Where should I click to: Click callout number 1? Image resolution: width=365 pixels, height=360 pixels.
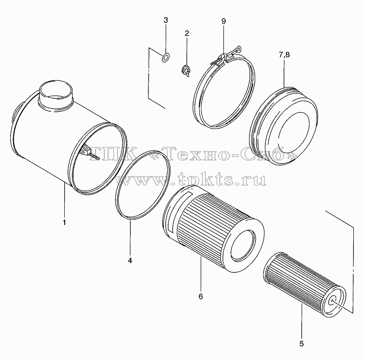(x=64, y=222)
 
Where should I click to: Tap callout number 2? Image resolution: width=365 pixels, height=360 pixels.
(x=187, y=34)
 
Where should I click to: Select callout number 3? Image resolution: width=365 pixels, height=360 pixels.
(x=166, y=20)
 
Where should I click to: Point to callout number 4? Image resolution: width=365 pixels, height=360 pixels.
(x=130, y=260)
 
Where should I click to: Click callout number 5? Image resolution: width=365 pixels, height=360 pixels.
(x=302, y=344)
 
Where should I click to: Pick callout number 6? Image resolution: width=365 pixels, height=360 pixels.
(x=201, y=296)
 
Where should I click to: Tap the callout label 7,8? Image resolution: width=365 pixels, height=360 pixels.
(x=284, y=55)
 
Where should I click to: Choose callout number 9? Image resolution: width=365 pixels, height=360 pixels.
(x=223, y=21)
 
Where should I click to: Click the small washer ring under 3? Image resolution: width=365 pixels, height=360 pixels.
(x=166, y=57)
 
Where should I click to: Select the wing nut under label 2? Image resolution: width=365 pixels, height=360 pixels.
(x=186, y=70)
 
